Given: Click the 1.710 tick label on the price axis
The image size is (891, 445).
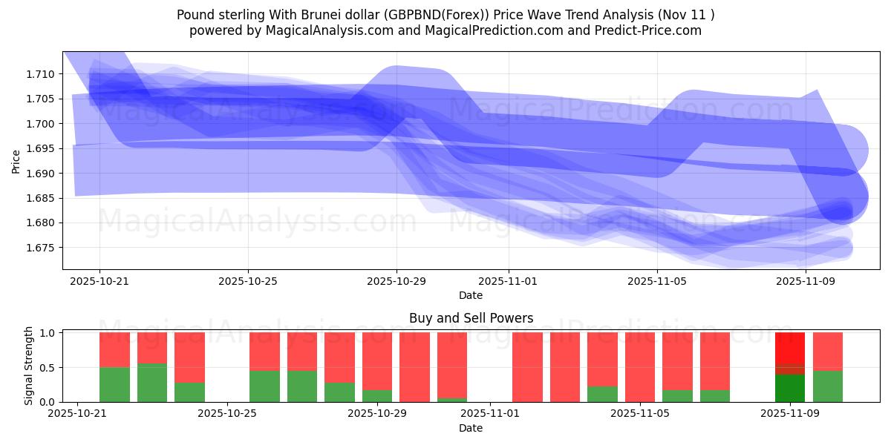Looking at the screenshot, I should tap(42, 74).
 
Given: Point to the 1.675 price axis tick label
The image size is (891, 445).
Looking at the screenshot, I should tap(42, 248).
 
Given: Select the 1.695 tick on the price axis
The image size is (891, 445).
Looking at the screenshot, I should tap(42, 149).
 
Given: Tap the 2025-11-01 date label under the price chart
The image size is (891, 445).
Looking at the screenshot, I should tap(509, 282).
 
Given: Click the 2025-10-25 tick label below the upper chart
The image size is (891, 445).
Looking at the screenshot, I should tap(248, 282).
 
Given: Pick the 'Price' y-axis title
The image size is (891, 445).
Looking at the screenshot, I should tap(16, 161).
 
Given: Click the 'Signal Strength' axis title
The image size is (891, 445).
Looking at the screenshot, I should tap(29, 366).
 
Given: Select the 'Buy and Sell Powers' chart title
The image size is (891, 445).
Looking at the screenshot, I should tap(471, 318).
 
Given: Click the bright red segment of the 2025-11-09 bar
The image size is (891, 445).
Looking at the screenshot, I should tap(789, 347).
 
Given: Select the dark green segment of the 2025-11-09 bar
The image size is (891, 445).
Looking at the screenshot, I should tap(789, 388).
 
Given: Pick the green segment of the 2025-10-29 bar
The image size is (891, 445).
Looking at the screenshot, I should tap(377, 396).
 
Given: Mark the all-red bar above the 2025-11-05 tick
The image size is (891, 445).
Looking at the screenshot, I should tap(639, 367).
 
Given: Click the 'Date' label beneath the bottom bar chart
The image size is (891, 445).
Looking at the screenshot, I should tap(471, 428).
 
